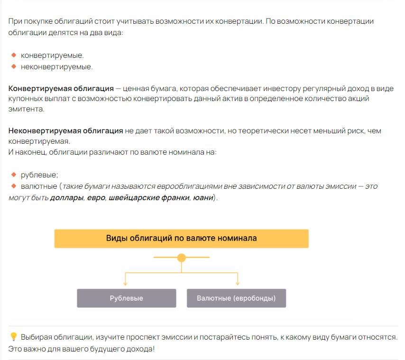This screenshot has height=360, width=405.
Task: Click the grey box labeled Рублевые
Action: (126, 298)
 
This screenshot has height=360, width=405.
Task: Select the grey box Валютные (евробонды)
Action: (236, 298)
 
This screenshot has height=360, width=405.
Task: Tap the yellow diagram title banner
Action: (181, 238)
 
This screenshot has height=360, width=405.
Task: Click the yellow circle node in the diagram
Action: (181, 258)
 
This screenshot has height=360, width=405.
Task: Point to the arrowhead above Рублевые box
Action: (125, 283)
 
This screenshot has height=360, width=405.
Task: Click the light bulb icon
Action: (14, 337)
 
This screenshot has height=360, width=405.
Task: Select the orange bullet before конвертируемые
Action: (14, 55)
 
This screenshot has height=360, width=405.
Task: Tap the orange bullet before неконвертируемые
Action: (14, 66)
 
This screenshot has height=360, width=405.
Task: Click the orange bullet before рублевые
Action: (14, 175)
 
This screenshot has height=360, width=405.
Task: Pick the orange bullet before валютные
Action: (14, 186)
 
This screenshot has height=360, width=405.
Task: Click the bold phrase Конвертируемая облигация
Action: (61, 89)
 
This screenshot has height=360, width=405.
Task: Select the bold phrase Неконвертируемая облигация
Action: (66, 130)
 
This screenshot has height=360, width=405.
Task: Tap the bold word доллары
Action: (66, 197)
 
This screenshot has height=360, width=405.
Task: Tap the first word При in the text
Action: (15, 22)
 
